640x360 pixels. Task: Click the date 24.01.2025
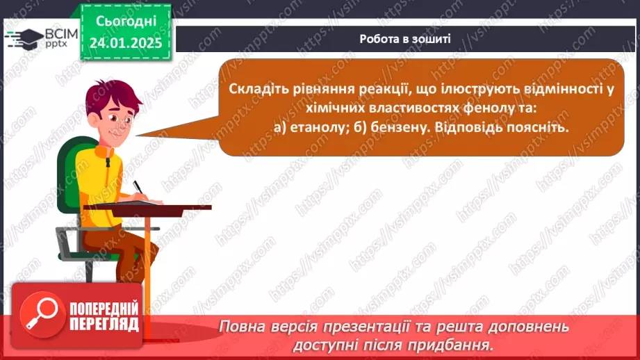click(125, 42)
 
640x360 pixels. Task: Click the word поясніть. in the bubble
click(534, 129)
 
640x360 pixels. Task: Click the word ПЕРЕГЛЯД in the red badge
click(104, 325)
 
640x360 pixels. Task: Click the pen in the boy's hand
click(138, 187)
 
